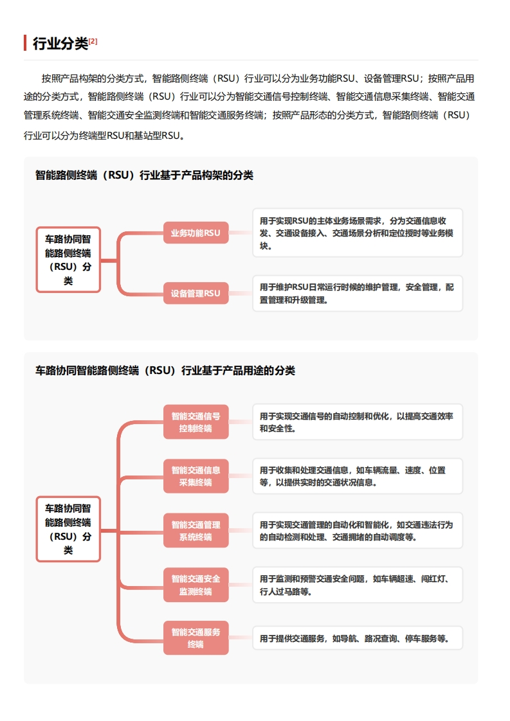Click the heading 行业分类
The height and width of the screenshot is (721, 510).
click(60, 44)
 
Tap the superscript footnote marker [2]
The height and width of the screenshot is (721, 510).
click(93, 41)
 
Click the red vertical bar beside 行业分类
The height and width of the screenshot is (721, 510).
click(25, 43)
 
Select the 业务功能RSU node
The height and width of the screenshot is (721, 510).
click(196, 233)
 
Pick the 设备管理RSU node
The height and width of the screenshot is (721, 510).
click(196, 294)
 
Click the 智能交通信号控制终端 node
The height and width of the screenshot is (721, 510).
click(196, 422)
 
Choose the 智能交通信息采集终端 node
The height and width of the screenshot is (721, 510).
click(196, 476)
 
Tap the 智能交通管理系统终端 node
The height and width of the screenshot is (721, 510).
click(196, 531)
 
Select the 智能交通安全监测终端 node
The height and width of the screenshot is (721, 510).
click(196, 585)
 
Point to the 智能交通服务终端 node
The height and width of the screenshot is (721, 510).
click(196, 638)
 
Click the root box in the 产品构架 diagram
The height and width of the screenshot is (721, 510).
click(68, 260)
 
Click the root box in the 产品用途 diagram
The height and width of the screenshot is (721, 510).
click(68, 530)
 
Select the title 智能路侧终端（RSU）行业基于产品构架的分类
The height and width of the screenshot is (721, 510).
click(144, 175)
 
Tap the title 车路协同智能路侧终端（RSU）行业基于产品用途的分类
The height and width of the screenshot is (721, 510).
click(165, 371)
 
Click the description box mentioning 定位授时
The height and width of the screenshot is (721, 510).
click(357, 233)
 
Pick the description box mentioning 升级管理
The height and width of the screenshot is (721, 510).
click(357, 294)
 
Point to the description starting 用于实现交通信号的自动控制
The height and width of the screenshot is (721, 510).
click(357, 422)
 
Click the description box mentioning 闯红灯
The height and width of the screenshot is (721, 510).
click(357, 585)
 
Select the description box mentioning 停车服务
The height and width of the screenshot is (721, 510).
click(357, 638)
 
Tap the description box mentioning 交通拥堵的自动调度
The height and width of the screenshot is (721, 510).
click(357, 531)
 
